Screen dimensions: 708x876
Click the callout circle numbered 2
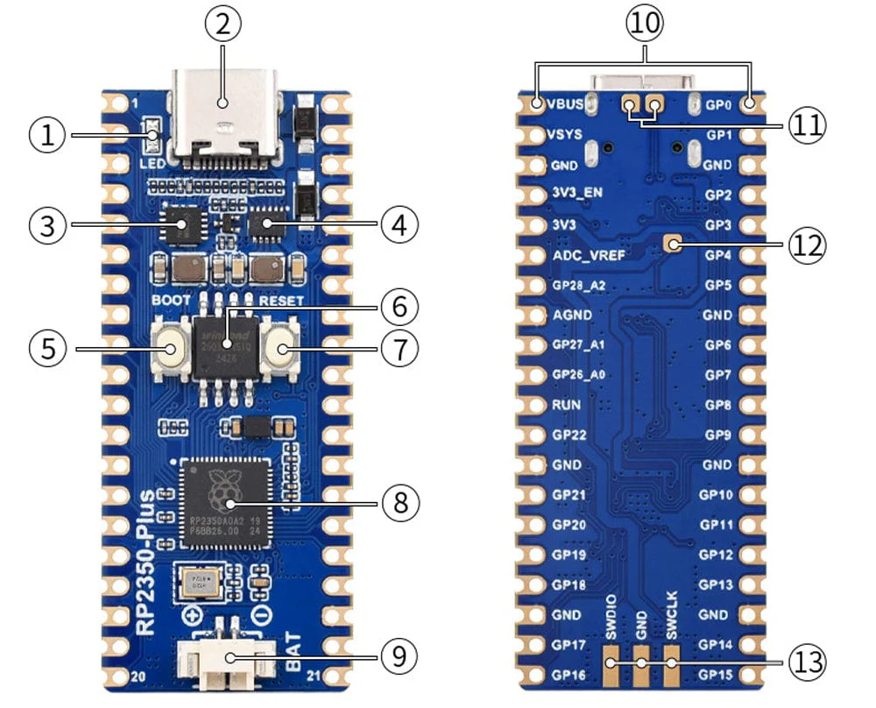tap(223, 25)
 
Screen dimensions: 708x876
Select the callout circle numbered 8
tap(399, 503)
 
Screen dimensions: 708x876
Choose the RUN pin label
tap(562, 406)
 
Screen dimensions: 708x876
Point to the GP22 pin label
tap(568, 435)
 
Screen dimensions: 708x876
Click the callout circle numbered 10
tap(644, 25)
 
